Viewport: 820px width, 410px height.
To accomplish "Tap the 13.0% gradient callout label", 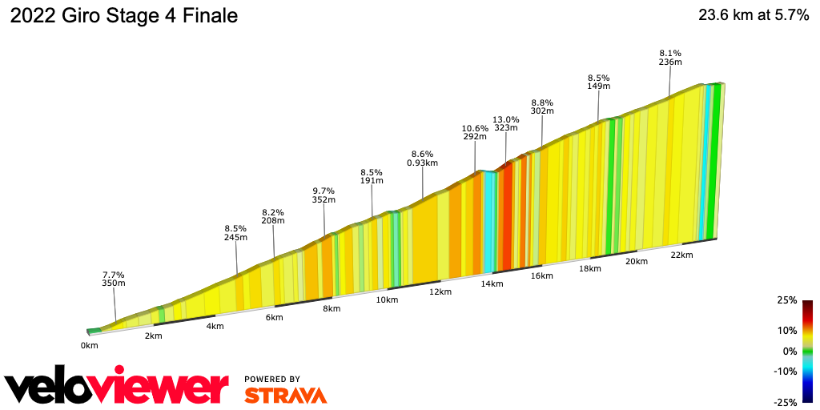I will pos(505,123).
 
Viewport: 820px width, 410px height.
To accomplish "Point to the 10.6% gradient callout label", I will pos(475,132).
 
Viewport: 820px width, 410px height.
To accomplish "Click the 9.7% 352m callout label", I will pos(324,195).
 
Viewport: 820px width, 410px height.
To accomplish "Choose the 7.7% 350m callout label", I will pos(113,279).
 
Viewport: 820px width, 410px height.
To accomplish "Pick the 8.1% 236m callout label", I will pos(669,57).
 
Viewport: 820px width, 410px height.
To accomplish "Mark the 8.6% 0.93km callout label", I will pos(422,158).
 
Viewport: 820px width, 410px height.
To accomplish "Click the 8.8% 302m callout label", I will pos(542,107).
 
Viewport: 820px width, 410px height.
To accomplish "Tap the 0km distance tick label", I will pos(89,346).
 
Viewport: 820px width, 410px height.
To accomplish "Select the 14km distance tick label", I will pos(492,283).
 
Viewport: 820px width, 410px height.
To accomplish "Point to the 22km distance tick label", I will pos(681,255).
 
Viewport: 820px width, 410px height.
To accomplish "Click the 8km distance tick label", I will pos(332,308).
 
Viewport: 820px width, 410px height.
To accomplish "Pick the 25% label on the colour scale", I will pos(786,300).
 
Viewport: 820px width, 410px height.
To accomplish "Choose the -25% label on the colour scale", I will pos(785,402).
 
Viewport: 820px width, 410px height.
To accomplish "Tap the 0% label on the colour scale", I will pos(790,351).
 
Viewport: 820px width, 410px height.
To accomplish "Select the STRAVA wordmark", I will pos(285,396).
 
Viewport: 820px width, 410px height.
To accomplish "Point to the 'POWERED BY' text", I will pos(272,379).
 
